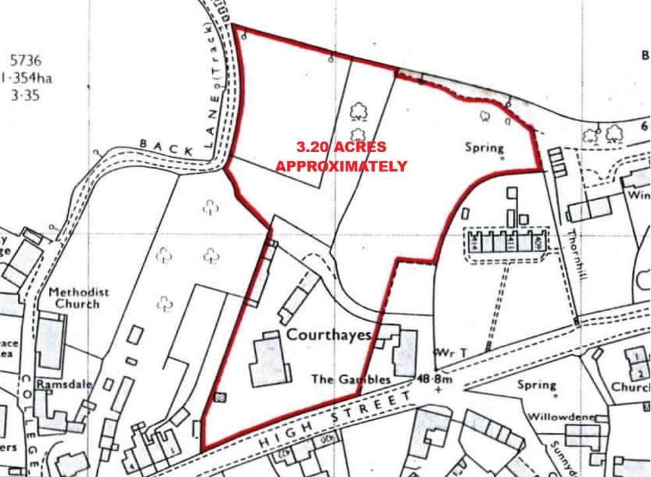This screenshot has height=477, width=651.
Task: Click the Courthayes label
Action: [328, 334]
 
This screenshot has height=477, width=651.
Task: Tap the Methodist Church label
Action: [78, 298]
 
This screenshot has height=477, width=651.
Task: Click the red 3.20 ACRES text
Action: [341, 147]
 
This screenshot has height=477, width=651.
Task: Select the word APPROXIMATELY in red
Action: [341, 166]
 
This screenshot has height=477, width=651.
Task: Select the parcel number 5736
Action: [26, 61]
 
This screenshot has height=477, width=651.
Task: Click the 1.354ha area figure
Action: [26, 78]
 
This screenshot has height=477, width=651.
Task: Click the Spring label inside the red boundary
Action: [484, 147]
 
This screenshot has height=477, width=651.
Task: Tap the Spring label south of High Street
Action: [537, 385]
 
